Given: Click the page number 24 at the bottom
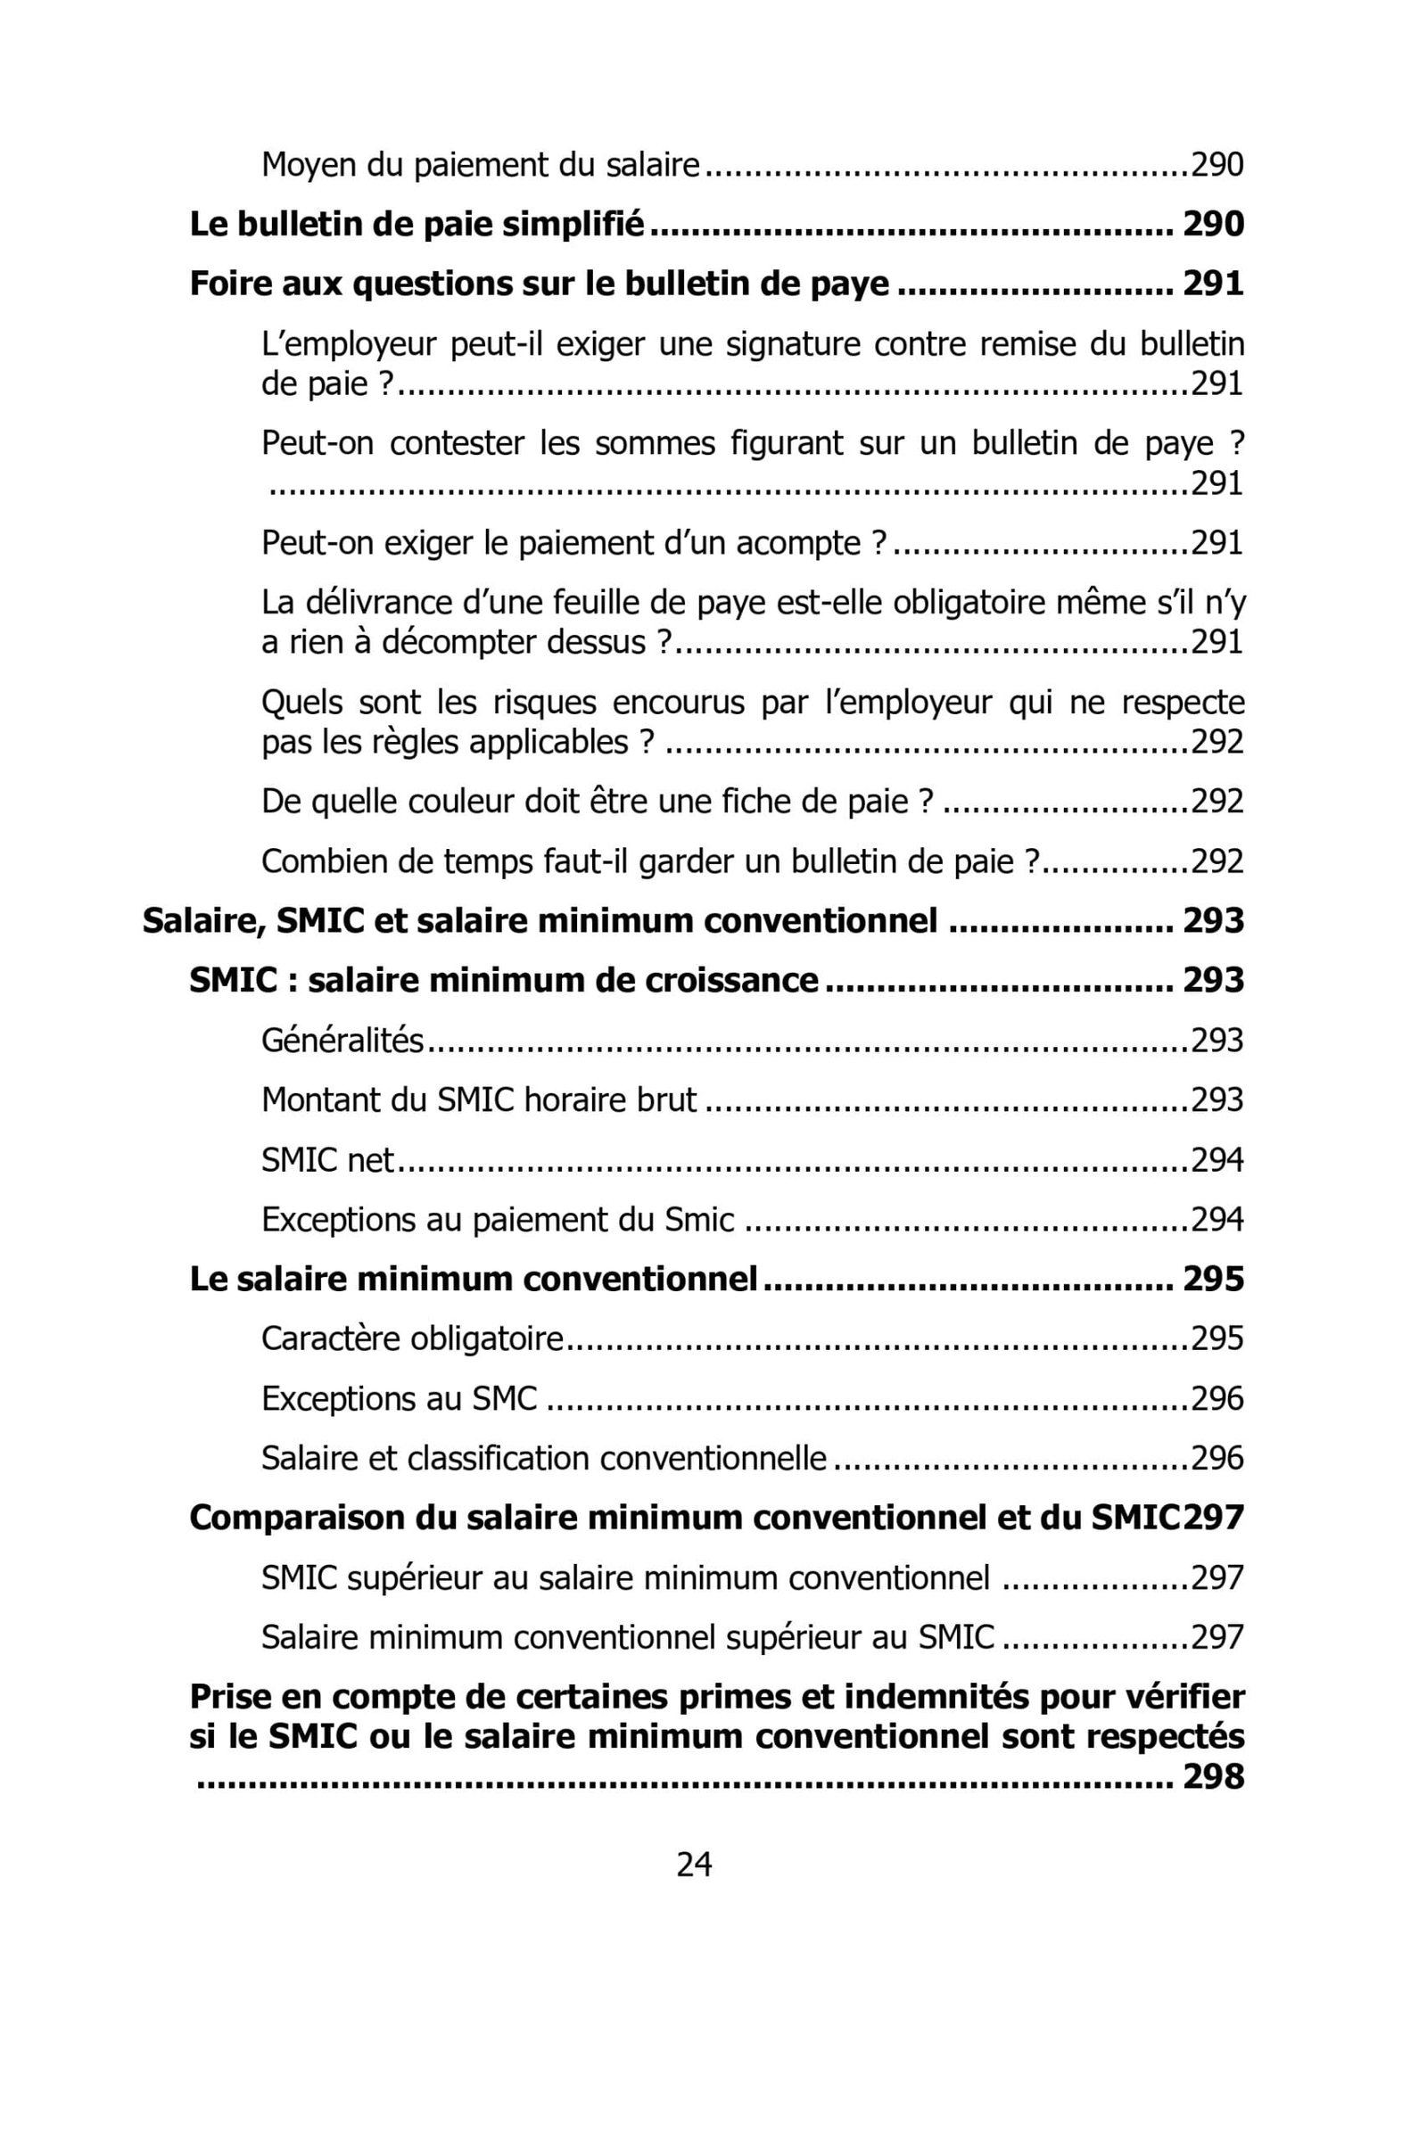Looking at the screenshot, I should pos(694,1865).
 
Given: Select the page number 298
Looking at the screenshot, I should pos(1213,1776).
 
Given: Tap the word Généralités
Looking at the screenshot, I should pos(342,1041).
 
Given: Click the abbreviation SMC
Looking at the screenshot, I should pos(504,1398).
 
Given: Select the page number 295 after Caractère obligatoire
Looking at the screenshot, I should pos(1217,1339).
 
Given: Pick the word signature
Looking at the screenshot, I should pos(772,345).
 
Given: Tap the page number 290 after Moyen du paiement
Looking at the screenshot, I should pos(1217,166).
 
